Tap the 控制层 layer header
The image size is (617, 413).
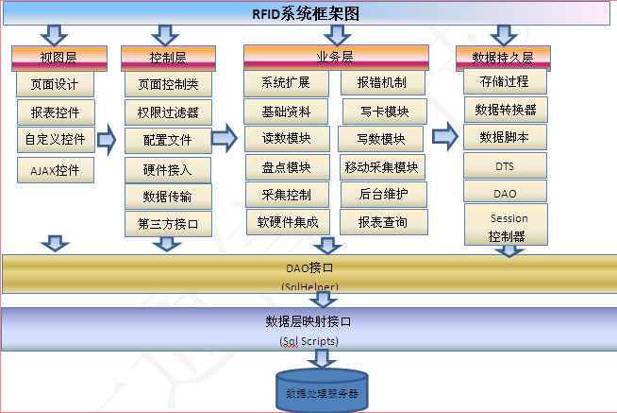pyautogui.click(x=165, y=58)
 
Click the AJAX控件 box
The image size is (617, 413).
pyautogui.click(x=56, y=170)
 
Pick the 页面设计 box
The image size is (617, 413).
pyautogui.click(x=56, y=84)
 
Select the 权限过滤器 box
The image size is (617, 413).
pyautogui.click(x=168, y=112)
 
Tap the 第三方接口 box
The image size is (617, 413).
pyautogui.click(x=168, y=224)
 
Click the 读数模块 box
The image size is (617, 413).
pyautogui.click(x=286, y=139)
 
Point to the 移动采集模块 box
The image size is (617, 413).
pyautogui.click(x=382, y=167)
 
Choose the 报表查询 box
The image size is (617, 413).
pyautogui.click(x=382, y=223)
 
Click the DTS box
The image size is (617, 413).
pyautogui.click(x=506, y=165)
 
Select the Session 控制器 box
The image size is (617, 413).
pyautogui.click(x=507, y=227)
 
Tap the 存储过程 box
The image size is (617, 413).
pyautogui.click(x=506, y=81)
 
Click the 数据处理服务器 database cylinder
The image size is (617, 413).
pyautogui.click(x=322, y=391)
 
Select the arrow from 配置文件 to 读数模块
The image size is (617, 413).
pyautogui.click(x=224, y=139)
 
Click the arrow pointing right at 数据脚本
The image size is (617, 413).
pyautogui.click(x=444, y=136)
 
